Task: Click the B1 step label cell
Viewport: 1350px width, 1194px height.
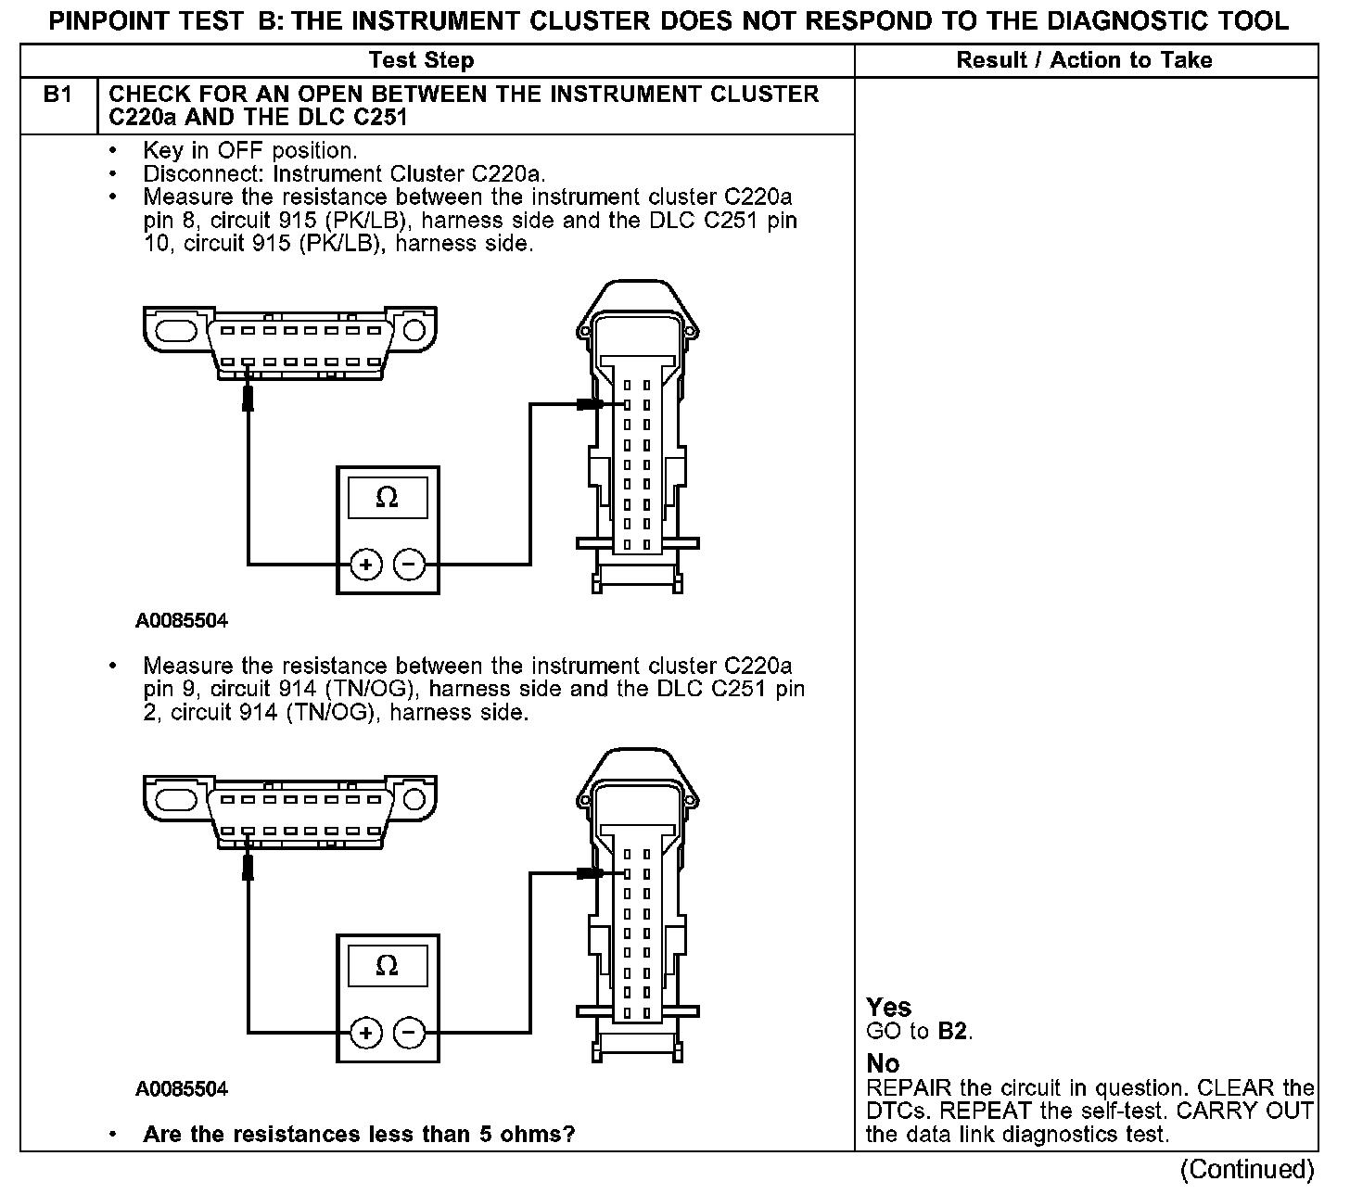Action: coord(58,106)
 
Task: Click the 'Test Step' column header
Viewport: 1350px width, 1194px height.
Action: coord(421,60)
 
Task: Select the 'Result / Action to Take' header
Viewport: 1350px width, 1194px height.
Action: coord(1084,60)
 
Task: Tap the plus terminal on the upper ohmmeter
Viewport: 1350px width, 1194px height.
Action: coord(366,565)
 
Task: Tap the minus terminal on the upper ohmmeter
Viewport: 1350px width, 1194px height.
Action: coord(409,565)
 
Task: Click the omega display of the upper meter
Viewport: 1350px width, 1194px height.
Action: coord(388,498)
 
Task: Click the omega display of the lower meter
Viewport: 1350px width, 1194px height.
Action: coord(388,965)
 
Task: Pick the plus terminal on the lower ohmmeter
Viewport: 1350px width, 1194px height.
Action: coord(366,1033)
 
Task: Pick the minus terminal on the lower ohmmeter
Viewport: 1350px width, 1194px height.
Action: coord(409,1033)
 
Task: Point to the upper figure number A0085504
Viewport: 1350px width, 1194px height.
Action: coord(181,621)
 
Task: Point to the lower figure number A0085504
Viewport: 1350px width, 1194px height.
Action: coord(181,1088)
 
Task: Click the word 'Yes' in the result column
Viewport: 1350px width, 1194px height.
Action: coord(888,1008)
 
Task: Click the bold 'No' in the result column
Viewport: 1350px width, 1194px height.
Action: coord(883,1063)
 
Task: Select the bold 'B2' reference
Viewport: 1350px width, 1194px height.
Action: coord(953,1032)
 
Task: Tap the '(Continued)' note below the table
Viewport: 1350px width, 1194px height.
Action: coord(1247,1169)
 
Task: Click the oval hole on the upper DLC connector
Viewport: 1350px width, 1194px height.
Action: coord(176,331)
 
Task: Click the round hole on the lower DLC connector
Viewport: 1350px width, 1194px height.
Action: coord(414,799)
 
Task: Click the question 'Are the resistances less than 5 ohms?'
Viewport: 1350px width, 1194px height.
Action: coord(359,1134)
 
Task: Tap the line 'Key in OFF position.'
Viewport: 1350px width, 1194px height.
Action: coord(250,151)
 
